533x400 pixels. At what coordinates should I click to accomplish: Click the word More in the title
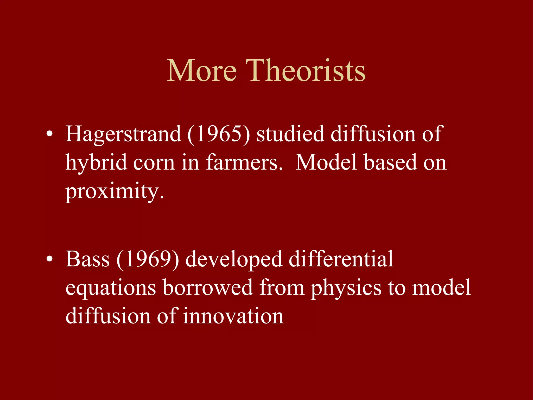(202, 71)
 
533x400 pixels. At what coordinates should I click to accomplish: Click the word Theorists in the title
(306, 71)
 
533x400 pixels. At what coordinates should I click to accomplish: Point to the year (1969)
(148, 259)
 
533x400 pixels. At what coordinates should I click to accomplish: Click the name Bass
(87, 259)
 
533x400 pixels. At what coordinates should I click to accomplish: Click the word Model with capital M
(326, 162)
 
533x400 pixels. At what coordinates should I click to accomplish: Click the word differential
(341, 259)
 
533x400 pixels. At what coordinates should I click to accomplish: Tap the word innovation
(233, 316)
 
